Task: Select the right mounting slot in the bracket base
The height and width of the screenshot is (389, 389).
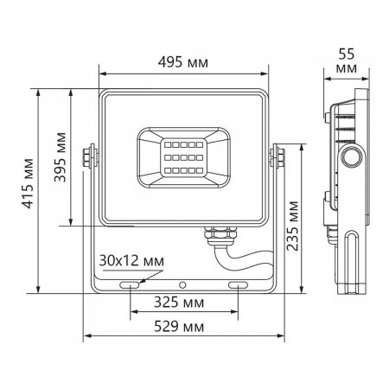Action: (239, 284)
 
